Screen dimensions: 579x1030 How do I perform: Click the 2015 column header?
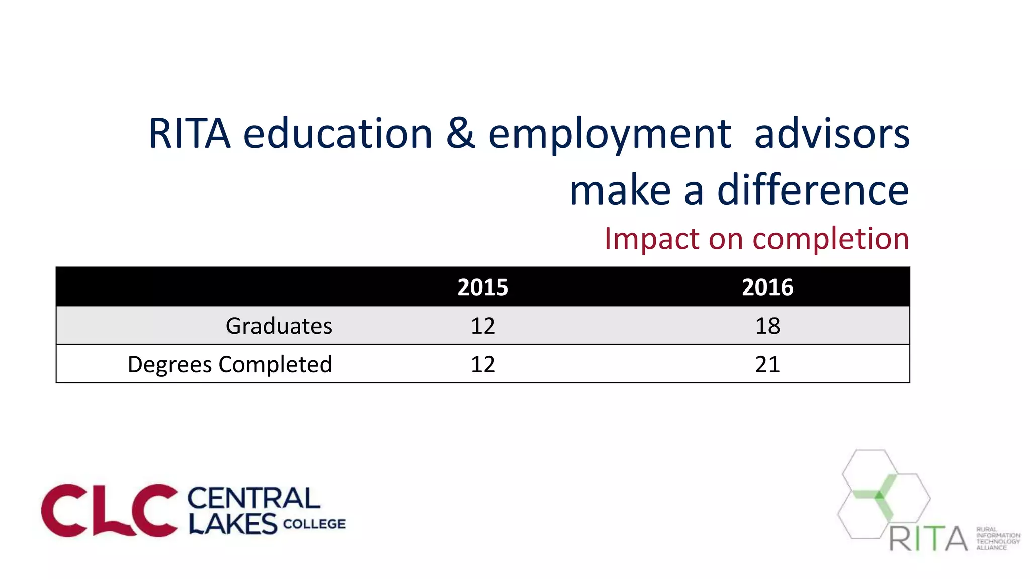483,287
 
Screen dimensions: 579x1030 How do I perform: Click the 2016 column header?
767,287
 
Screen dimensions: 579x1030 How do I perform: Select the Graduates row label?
279,326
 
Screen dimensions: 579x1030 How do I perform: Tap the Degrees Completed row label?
230,364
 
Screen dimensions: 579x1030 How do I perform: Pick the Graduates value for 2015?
483,326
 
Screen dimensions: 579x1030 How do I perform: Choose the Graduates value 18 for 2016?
767,326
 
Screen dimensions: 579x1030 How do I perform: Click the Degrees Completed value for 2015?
483,364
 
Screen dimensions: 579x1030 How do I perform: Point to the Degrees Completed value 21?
767,364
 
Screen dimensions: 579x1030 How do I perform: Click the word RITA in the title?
190,134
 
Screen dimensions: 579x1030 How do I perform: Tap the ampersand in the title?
460,134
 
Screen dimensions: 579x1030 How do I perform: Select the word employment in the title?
610,135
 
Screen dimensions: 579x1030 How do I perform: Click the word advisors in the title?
832,134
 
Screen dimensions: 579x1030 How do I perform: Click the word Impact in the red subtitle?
652,238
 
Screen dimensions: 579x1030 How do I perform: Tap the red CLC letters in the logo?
109,510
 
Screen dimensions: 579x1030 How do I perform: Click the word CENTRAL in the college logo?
253,498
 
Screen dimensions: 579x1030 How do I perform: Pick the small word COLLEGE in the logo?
314,524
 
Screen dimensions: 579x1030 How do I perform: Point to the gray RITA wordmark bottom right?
928,539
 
